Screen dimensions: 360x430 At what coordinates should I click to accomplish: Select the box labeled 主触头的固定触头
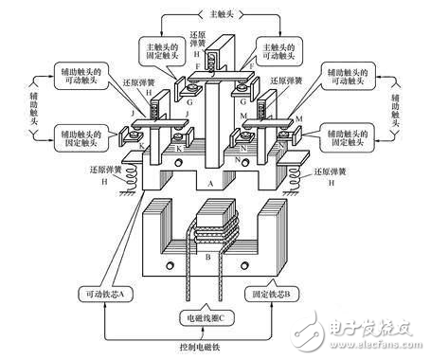pos(163,54)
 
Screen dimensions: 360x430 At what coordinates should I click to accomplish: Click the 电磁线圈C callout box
pos(215,311)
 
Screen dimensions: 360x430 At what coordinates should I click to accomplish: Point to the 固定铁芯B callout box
pos(306,295)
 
